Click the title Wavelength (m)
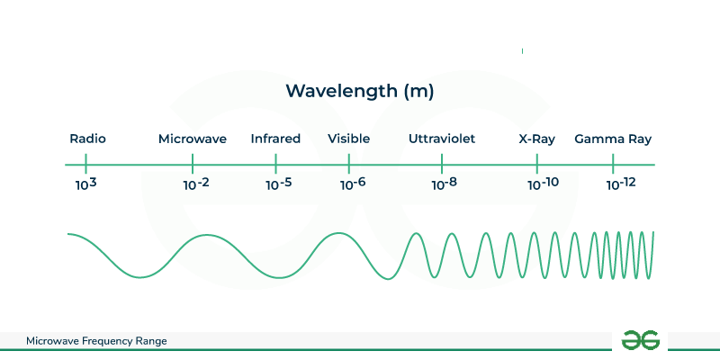(x=359, y=92)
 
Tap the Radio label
(x=87, y=139)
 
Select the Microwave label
(x=193, y=139)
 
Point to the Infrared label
(x=275, y=139)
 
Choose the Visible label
(x=349, y=139)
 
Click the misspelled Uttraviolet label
(x=442, y=139)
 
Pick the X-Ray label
(x=536, y=139)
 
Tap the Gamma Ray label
(x=613, y=139)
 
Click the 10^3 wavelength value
(x=86, y=184)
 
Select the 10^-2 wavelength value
(x=196, y=184)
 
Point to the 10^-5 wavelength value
(x=279, y=184)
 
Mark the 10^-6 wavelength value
(x=353, y=184)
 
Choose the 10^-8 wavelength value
(x=445, y=184)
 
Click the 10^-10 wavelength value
(x=544, y=184)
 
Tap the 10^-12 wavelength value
(x=621, y=184)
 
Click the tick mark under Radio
(x=85, y=164)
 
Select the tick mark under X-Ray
(x=536, y=164)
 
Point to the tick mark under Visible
(x=349, y=164)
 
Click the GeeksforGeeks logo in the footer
(x=641, y=341)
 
